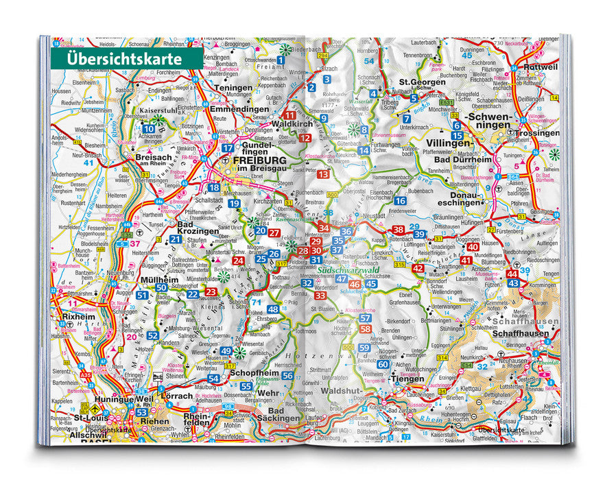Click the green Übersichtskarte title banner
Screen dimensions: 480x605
point(125,58)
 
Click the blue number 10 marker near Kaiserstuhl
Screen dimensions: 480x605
point(150,128)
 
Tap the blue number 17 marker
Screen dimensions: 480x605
point(227,147)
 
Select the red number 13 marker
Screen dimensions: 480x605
point(323,174)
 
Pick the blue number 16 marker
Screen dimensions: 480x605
point(400,201)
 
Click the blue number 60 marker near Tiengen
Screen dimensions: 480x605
point(382,364)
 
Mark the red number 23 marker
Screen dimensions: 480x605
point(211,292)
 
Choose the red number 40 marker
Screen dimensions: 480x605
point(473,247)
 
